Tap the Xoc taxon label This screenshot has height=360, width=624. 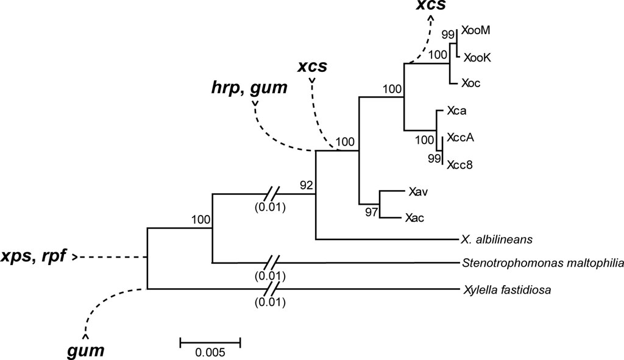pyautogui.click(x=472, y=83)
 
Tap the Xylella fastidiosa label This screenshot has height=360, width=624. pyautogui.click(x=507, y=289)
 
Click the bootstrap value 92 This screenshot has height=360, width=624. pyautogui.click(x=306, y=185)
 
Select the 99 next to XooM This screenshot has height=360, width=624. pyautogui.click(x=448, y=34)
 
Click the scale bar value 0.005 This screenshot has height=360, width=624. pyautogui.click(x=210, y=352)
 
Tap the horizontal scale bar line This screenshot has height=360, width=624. pyautogui.click(x=210, y=342)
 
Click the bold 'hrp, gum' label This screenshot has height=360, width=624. pyautogui.click(x=247, y=88)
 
